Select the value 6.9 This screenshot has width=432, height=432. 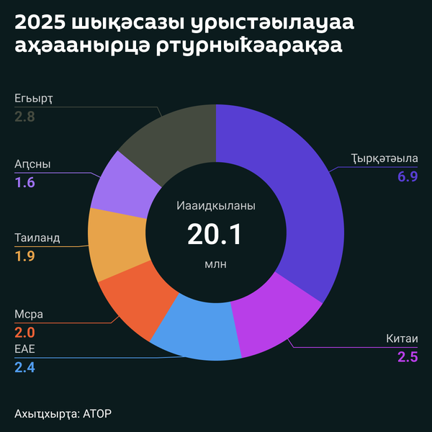[408, 176]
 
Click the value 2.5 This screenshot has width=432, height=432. [408, 356]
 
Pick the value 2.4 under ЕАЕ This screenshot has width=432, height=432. [24, 367]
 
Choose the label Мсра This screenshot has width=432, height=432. [30, 315]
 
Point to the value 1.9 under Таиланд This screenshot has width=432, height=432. [24, 256]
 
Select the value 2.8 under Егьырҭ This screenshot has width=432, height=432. [24, 115]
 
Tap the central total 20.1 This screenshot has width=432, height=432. [215, 235]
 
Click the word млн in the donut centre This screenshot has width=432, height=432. [215, 264]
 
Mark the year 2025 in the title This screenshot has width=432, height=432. [37, 24]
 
